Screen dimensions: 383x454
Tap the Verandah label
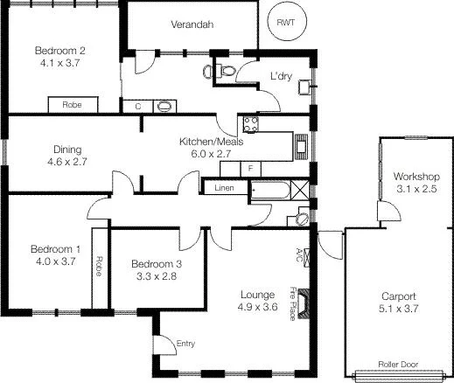pos(192,24)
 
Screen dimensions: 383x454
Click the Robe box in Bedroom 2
pos(73,105)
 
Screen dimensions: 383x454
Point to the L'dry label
pos(281,76)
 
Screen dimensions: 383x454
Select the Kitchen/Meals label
pos(206,142)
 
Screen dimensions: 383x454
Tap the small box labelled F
pos(251,167)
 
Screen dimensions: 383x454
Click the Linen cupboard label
pos(220,187)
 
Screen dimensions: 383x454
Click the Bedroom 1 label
pos(54,248)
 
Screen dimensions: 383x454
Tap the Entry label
pos(186,344)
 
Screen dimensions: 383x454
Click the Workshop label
pos(415,177)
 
